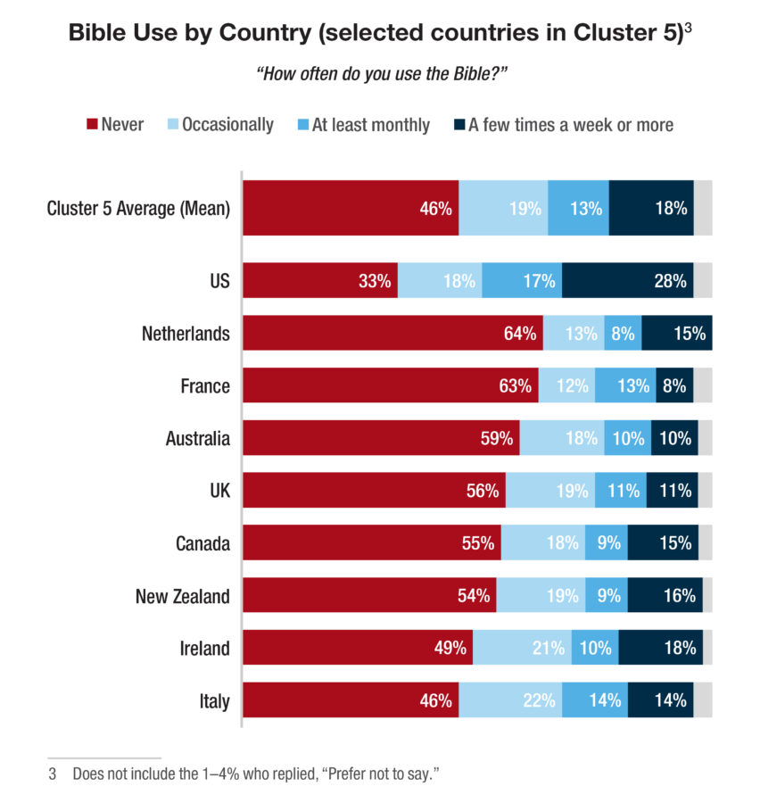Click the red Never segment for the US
[x=319, y=280]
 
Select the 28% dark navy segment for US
[x=627, y=280]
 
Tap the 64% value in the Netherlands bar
[x=520, y=334]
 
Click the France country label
[x=204, y=386]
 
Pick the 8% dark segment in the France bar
[x=673, y=386]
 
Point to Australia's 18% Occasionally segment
[x=561, y=439]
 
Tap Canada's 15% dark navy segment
[x=663, y=543]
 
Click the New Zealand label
[x=182, y=596]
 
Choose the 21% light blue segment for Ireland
[x=522, y=649]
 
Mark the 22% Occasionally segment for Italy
[x=510, y=701]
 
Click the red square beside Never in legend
[x=90, y=125]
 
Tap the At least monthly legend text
[x=370, y=125]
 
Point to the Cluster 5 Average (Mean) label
[x=138, y=209]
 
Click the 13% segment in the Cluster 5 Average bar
[x=578, y=209]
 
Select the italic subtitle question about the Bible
[x=381, y=74]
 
